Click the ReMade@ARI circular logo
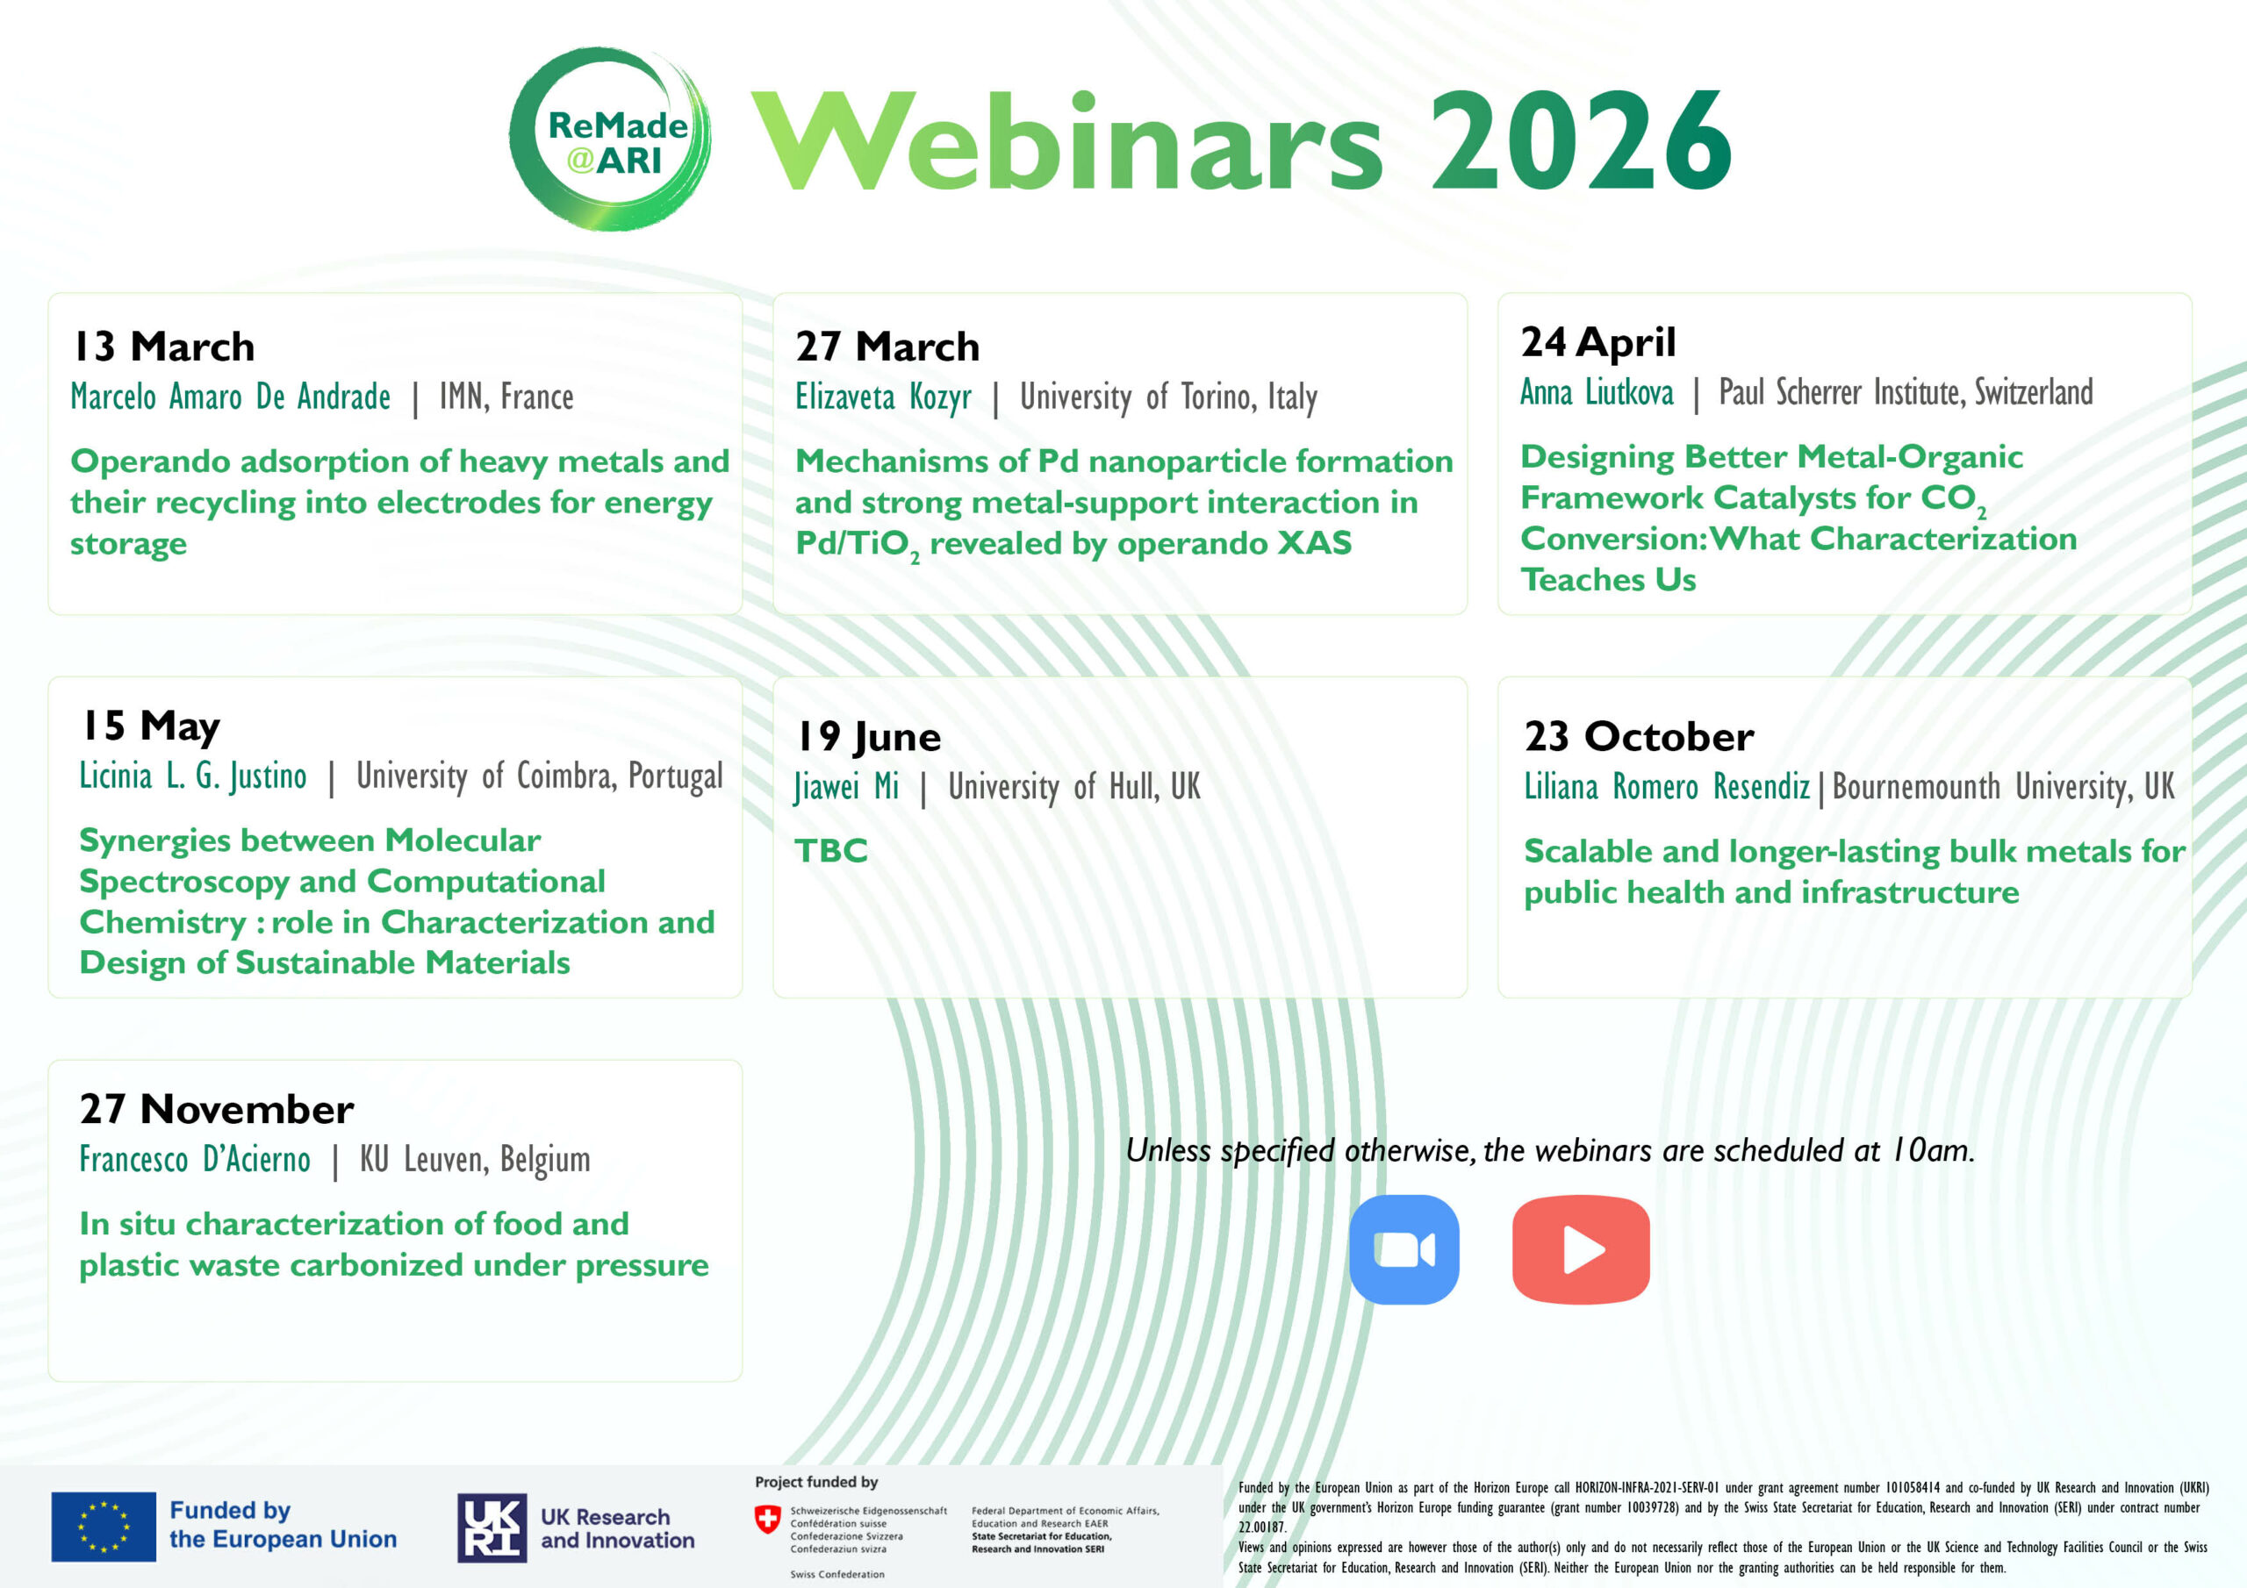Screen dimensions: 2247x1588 click(610, 139)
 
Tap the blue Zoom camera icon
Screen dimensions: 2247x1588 click(1403, 1249)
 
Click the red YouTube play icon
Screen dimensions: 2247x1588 click(1581, 1249)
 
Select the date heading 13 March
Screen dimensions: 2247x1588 click(164, 347)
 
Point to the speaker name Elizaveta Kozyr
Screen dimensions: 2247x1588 click(883, 397)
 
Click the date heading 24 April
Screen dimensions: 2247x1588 click(1598, 342)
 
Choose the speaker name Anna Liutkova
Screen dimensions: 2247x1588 click(1597, 392)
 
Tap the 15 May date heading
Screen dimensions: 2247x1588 click(151, 726)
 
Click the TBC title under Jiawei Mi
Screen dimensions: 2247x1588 click(831, 850)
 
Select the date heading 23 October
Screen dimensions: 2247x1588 click(1640, 737)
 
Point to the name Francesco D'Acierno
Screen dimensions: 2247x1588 click(195, 1160)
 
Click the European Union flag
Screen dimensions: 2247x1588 click(104, 1527)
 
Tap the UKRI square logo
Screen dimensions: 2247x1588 click(492, 1527)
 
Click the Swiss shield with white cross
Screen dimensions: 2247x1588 click(767, 1520)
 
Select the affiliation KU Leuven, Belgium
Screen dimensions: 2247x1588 click(475, 1160)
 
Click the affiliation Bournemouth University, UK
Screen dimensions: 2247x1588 click(2003, 787)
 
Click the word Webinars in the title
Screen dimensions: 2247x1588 click(1066, 139)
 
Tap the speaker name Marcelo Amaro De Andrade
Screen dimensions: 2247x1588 click(230, 397)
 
